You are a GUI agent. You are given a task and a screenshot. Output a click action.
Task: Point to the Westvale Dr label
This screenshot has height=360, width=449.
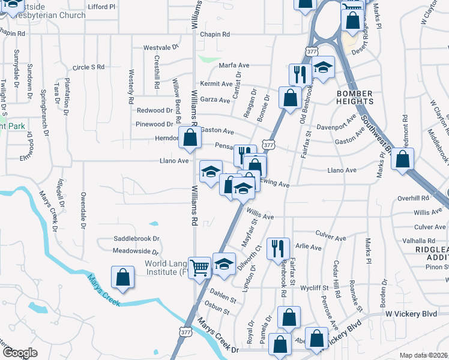click(161, 47)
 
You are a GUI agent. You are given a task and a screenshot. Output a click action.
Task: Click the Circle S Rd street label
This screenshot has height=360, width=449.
click(88, 67)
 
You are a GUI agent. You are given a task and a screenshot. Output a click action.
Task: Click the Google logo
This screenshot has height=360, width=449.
click(19, 353)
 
